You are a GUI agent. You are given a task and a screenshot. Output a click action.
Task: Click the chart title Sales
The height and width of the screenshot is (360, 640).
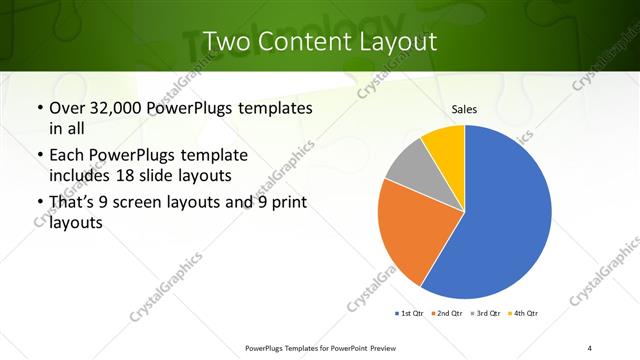[464, 109]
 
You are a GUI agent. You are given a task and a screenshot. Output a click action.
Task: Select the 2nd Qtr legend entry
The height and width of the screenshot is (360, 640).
[446, 314]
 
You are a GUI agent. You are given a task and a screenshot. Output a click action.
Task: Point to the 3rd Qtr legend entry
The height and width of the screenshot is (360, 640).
[484, 314]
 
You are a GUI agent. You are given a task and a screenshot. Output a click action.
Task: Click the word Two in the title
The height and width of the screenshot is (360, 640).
[226, 41]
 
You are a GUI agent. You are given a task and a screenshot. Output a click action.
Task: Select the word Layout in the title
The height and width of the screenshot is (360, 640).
[396, 41]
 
